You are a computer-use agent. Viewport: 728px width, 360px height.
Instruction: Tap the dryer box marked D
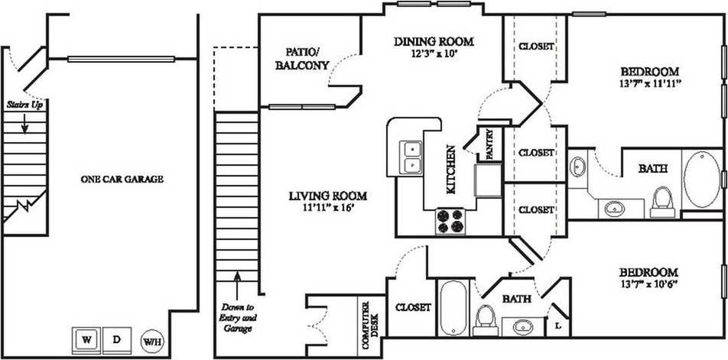116,339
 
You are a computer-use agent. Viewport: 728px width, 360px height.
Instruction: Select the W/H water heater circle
152,340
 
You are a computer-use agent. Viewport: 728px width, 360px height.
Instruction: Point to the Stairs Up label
24,103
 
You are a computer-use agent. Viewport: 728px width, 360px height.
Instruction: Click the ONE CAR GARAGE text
122,179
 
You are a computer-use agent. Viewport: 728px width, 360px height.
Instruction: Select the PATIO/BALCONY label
302,59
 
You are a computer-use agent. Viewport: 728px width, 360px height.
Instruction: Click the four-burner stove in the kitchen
450,221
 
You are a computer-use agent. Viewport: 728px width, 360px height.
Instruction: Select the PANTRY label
489,145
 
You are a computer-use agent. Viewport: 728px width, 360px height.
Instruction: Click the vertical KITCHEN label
452,170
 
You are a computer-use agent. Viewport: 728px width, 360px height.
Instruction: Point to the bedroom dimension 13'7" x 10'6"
648,286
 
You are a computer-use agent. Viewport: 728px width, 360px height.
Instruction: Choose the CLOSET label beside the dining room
536,47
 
